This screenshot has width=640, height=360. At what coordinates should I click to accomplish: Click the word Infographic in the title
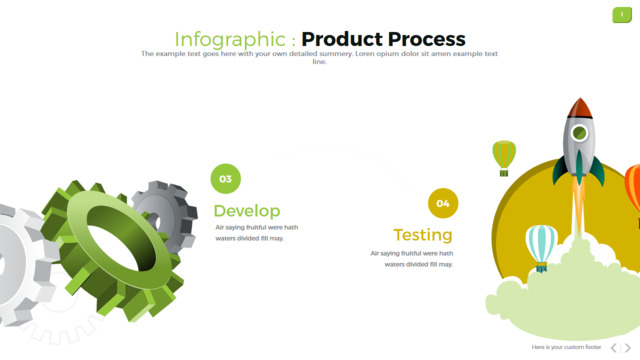click(x=230, y=40)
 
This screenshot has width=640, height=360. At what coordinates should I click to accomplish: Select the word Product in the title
click(x=342, y=39)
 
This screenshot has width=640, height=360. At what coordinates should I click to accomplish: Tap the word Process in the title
click(x=427, y=39)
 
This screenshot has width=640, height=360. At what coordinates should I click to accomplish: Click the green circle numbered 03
click(x=226, y=179)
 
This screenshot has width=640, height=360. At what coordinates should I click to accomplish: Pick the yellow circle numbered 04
click(x=443, y=203)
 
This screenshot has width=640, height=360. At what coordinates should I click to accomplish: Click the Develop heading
click(x=247, y=211)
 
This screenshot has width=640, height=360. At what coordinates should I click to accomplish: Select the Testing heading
click(x=423, y=235)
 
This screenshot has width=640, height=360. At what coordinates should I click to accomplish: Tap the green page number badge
click(x=622, y=15)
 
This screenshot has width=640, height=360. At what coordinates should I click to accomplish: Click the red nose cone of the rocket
click(x=580, y=107)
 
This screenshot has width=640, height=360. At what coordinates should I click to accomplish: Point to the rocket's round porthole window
click(x=579, y=133)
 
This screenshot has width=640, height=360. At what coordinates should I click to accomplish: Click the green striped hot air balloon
click(x=504, y=158)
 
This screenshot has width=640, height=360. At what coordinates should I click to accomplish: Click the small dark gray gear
click(x=165, y=214)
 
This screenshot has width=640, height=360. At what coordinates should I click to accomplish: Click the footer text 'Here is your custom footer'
click(x=566, y=347)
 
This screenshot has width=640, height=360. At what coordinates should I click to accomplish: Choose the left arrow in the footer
click(x=614, y=348)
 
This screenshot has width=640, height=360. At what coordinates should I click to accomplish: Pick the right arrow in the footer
click(x=628, y=348)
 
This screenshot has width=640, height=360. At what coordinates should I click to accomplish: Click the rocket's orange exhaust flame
click(x=579, y=204)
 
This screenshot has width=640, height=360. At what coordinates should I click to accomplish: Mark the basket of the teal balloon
click(x=542, y=267)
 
